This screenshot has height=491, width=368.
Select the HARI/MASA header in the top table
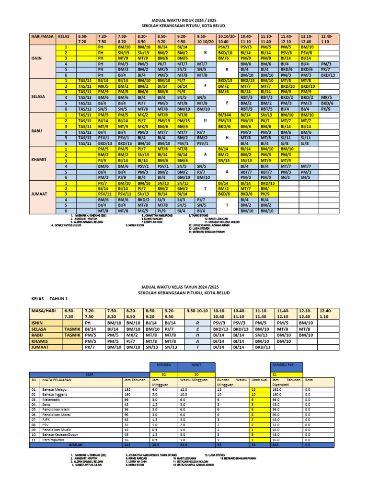click(x=42, y=36)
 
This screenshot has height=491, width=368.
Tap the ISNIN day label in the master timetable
click(x=38, y=57)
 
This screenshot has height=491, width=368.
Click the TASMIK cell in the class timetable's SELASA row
click(x=72, y=329)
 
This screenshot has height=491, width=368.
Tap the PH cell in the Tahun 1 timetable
click(x=88, y=323)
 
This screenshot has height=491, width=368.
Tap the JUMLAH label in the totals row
click(x=76, y=444)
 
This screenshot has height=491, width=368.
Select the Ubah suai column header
click(x=258, y=379)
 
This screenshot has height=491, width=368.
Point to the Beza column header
click(x=309, y=379)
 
